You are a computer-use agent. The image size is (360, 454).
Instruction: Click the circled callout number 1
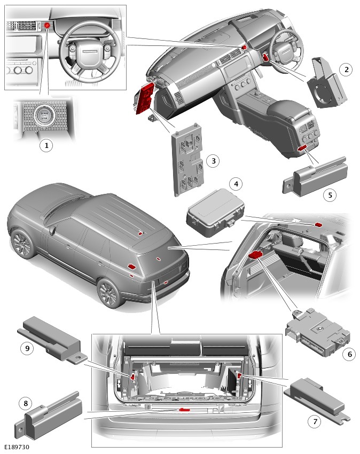tap(46, 145)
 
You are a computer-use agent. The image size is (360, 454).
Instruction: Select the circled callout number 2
tap(347, 69)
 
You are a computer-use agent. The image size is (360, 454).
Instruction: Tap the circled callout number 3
tap(213, 160)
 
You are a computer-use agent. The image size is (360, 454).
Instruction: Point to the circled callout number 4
tap(235, 184)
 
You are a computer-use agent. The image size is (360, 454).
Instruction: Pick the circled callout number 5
tap(330, 195)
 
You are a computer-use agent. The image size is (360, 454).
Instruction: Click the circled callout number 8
tap(24, 402)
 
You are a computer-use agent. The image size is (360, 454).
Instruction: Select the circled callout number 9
tap(25, 348)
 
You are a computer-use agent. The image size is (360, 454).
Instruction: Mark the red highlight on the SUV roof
tap(140, 233)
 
